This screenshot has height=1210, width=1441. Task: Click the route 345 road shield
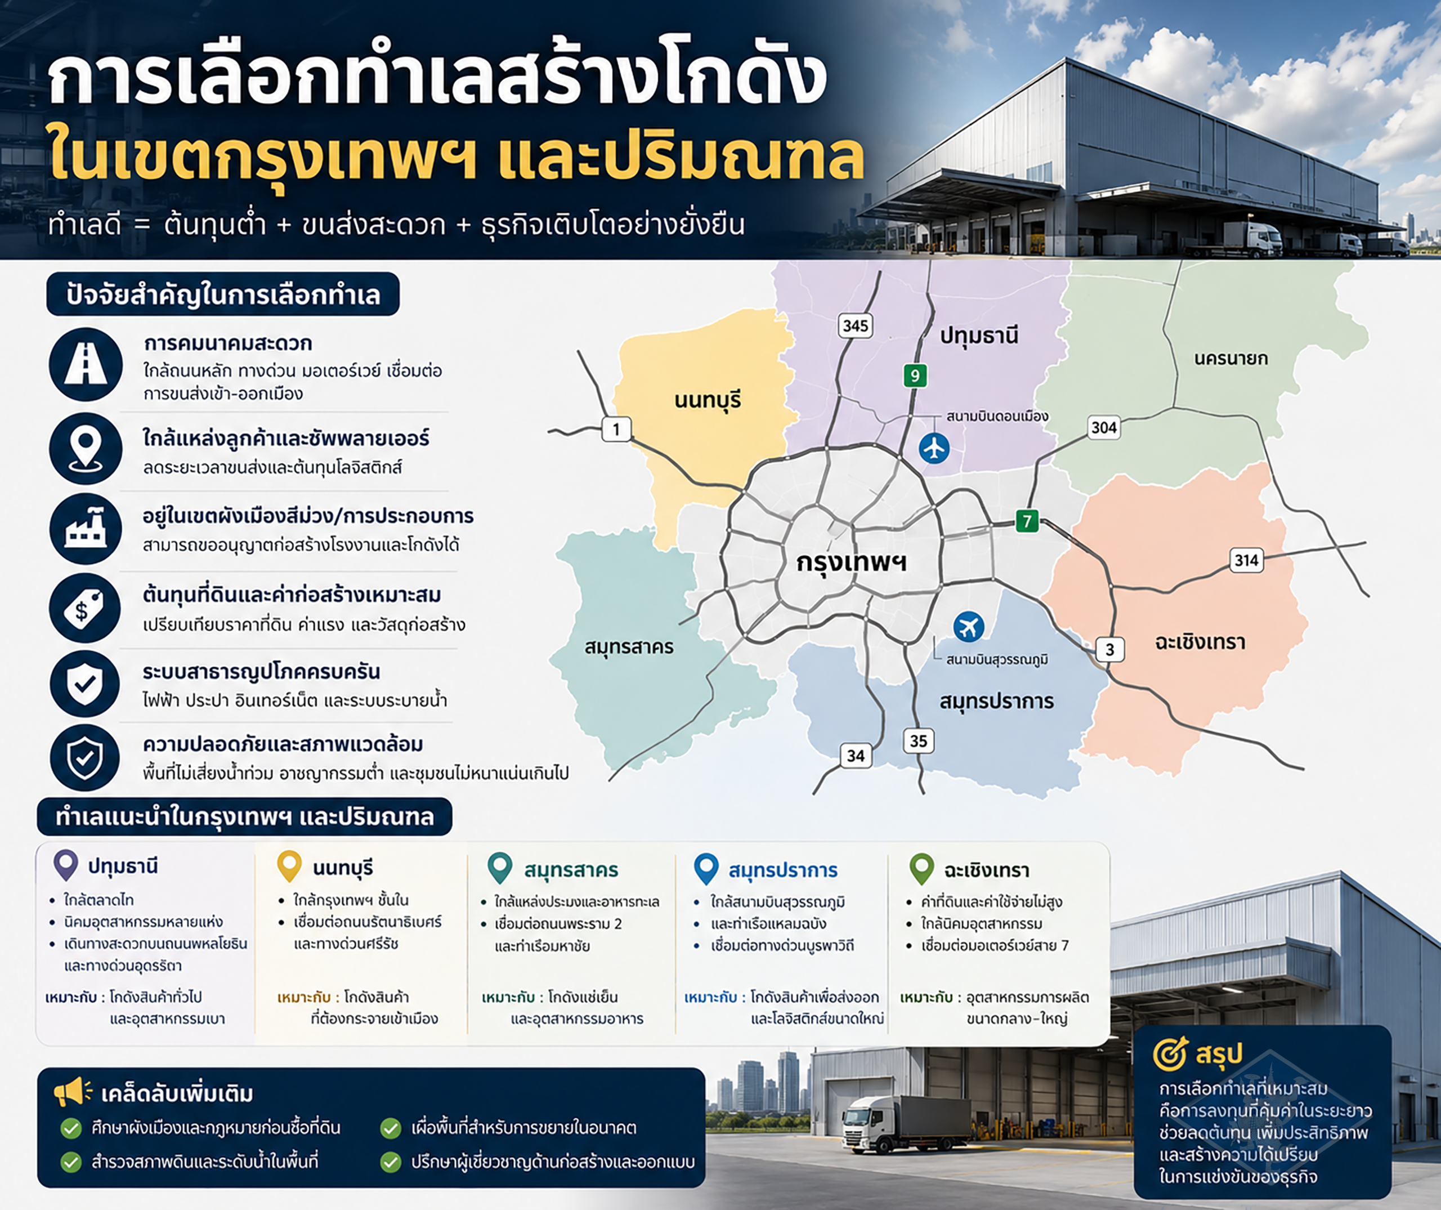[x=856, y=325]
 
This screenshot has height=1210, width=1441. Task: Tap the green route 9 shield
[x=915, y=376]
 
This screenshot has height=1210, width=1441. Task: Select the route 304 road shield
[x=1104, y=427]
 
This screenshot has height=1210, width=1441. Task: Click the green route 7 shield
[x=1027, y=521]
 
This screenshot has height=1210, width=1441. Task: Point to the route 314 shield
[x=1246, y=560]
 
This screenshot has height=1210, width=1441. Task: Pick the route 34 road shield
[x=856, y=756]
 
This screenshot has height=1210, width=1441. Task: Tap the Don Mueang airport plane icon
[x=934, y=448]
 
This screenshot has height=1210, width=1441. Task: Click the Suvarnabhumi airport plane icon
[x=969, y=626]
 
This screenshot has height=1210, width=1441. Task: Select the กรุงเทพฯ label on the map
[x=851, y=562]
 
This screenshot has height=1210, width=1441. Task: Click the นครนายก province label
[x=1231, y=358]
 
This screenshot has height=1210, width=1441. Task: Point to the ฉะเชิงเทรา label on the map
[x=1200, y=642]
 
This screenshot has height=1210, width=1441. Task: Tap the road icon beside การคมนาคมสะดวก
[x=86, y=364]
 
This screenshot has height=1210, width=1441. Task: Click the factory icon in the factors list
[x=86, y=529]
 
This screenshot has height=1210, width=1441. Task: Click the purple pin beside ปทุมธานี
[x=66, y=865]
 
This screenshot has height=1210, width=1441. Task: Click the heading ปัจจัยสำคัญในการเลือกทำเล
[x=223, y=294]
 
